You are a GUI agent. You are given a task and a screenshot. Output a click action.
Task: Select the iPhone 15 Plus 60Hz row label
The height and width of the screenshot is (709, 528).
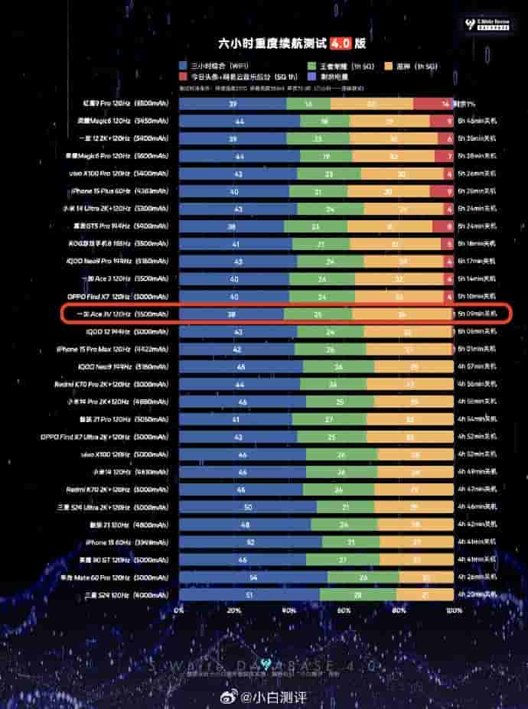click(x=114, y=191)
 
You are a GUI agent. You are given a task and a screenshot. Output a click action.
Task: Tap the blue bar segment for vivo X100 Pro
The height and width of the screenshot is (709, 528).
click(x=238, y=174)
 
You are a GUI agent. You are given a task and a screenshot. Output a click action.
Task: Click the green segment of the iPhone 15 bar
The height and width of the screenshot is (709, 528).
click(x=350, y=542)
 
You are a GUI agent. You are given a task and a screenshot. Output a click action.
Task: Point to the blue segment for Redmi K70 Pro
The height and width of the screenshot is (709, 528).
click(x=239, y=384)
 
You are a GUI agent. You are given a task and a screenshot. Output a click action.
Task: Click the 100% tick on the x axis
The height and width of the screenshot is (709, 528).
click(x=453, y=611)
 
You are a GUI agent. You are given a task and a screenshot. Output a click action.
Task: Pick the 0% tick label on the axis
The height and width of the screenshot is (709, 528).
click(x=179, y=611)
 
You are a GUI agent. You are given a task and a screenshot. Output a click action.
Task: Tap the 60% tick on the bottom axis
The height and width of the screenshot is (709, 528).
click(x=344, y=611)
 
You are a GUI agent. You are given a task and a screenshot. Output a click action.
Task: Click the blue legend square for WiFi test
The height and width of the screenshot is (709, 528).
click(x=184, y=67)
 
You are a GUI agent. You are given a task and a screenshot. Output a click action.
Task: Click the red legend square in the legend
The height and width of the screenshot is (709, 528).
click(x=184, y=77)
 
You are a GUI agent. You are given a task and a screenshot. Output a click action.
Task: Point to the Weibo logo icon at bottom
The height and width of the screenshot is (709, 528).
click(x=230, y=698)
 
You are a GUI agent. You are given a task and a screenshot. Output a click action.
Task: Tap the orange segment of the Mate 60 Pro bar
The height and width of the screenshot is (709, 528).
click(x=426, y=577)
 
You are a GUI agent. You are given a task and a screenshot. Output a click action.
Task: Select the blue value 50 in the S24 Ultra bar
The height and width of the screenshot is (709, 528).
click(x=247, y=507)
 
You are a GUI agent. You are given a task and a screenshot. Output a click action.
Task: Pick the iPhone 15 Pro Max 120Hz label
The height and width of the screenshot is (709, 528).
click(x=113, y=349)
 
